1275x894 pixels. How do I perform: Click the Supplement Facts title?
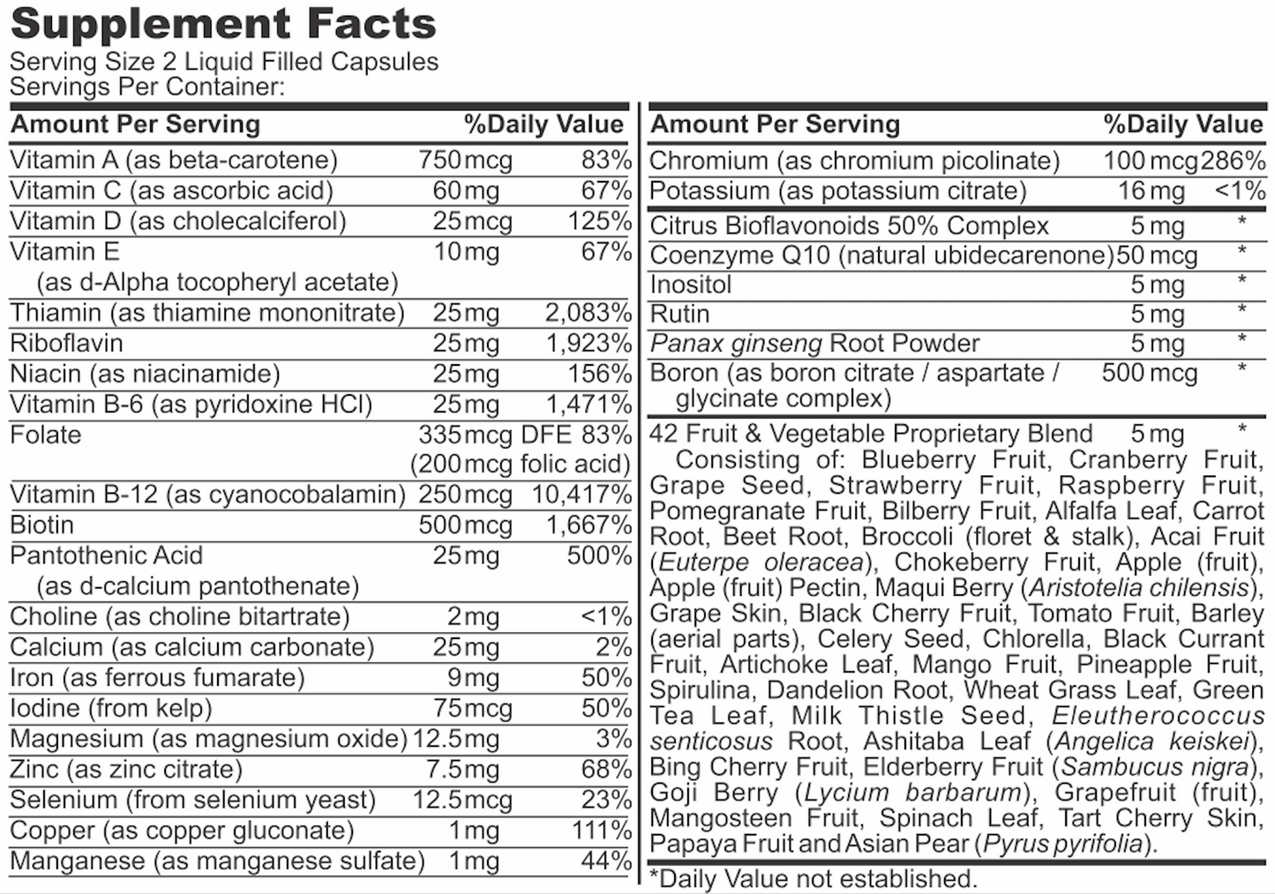(x=223, y=24)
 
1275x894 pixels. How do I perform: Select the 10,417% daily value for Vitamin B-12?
(x=581, y=495)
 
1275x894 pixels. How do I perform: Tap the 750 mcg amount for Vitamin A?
(x=465, y=160)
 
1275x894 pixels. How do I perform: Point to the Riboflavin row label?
(x=66, y=343)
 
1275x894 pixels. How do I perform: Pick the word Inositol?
(x=691, y=285)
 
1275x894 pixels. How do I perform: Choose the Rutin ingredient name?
(x=679, y=314)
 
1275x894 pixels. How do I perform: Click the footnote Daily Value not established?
(x=813, y=878)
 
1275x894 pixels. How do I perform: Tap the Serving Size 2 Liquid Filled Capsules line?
(x=224, y=62)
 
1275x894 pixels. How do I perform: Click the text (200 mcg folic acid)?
(x=521, y=464)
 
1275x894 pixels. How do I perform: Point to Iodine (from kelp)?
(x=111, y=708)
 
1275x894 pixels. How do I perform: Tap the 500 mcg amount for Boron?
(x=1149, y=373)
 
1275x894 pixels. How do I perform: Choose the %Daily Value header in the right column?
(x=1182, y=124)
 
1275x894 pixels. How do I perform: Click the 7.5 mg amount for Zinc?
(x=462, y=770)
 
